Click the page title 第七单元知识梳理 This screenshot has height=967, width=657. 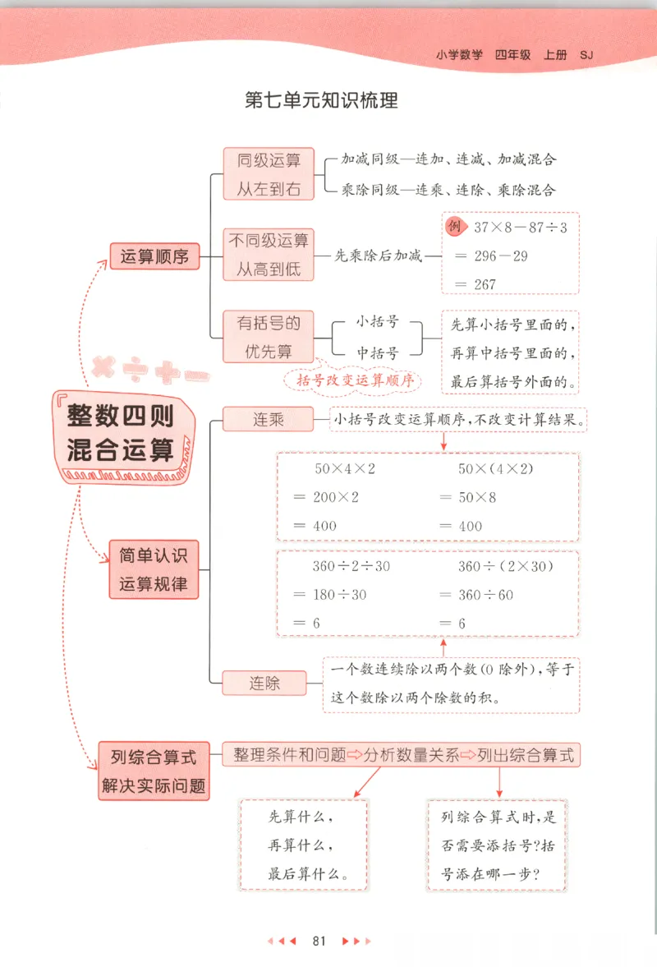(321, 101)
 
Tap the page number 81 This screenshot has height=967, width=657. (319, 941)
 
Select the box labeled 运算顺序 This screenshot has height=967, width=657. (154, 256)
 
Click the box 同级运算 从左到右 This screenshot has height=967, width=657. (269, 174)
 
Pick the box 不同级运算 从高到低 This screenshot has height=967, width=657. (269, 256)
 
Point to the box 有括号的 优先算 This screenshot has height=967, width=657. (269, 338)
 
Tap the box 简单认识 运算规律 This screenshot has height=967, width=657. (154, 569)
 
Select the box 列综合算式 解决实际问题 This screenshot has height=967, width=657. (154, 771)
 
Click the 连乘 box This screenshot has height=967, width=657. (268, 419)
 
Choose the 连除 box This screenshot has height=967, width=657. (264, 683)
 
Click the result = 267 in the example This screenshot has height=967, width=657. (476, 284)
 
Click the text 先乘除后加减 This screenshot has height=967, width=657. (379, 256)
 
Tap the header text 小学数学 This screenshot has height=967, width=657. (460, 56)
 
